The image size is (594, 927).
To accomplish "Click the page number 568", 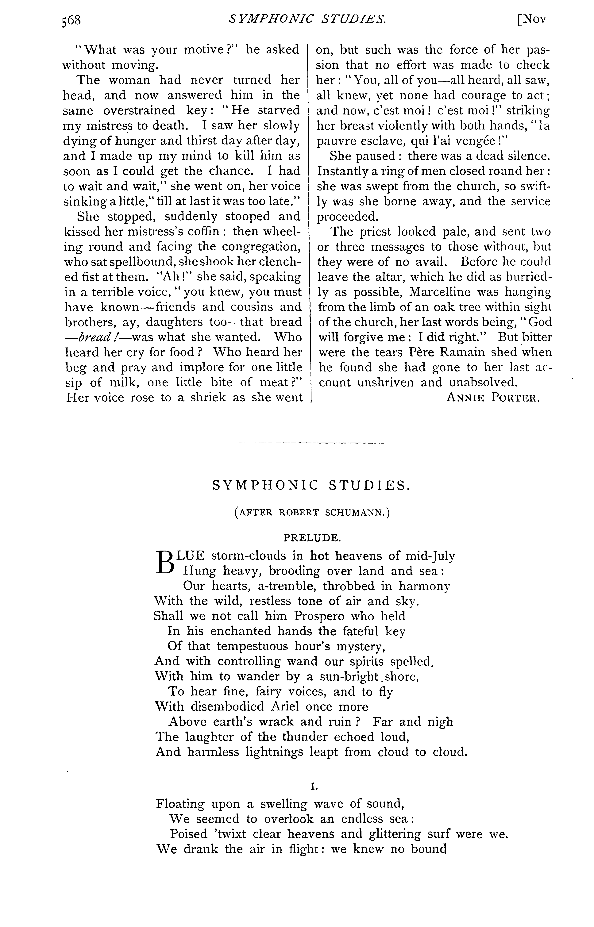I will [71, 20].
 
